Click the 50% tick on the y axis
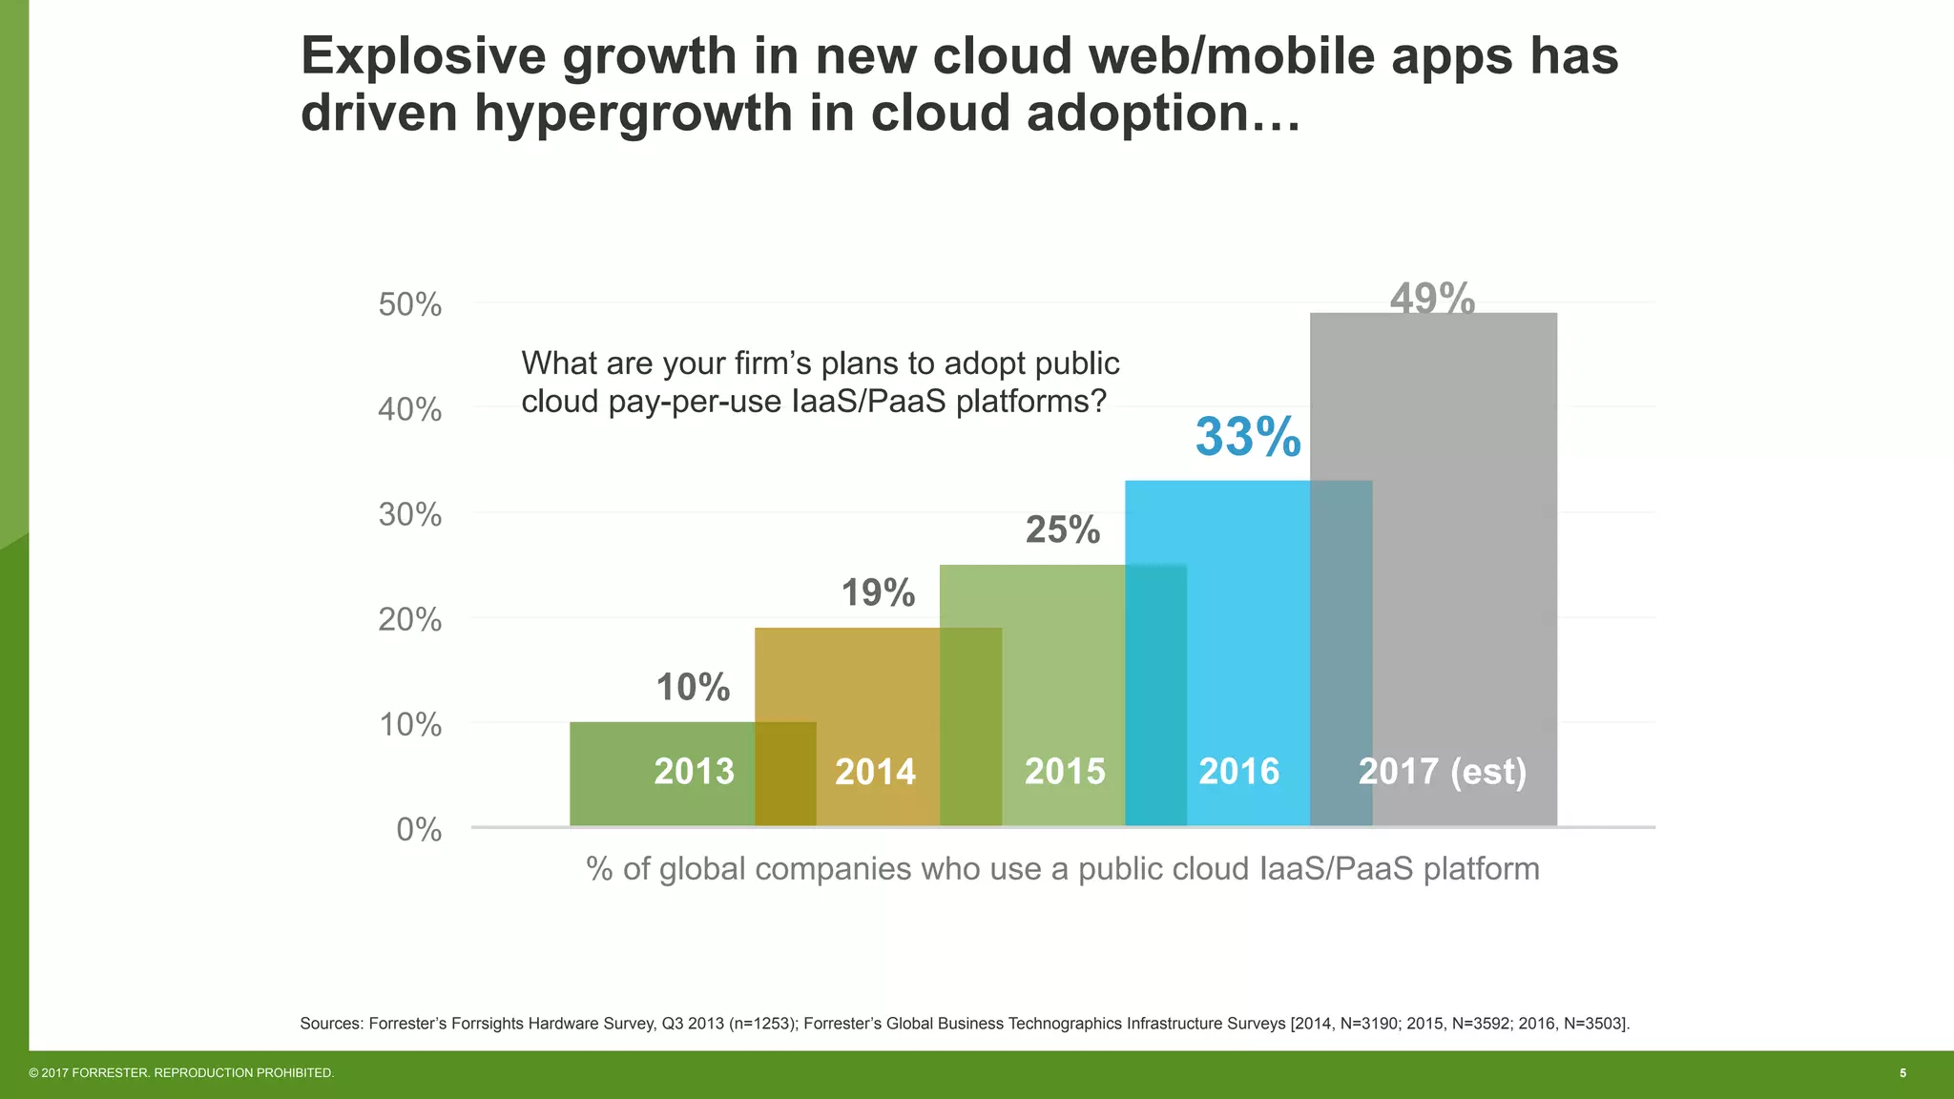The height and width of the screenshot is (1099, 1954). (x=410, y=305)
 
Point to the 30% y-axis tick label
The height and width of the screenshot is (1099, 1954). (x=410, y=515)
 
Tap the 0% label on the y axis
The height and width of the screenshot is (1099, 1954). (x=419, y=830)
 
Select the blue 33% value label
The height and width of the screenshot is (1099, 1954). (x=1248, y=438)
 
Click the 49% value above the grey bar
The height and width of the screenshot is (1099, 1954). (x=1432, y=300)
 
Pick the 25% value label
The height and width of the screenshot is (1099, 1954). (x=1063, y=530)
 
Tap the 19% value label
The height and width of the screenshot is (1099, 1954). (x=878, y=593)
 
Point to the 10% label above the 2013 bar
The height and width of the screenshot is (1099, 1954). (x=693, y=688)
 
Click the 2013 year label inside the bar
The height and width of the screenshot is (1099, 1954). (x=694, y=772)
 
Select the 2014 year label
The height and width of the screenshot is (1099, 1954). (x=875, y=772)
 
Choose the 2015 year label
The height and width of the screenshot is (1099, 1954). (x=1065, y=772)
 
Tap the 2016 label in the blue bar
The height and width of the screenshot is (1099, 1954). (x=1238, y=772)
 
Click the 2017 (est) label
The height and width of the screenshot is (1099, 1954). (x=1442, y=772)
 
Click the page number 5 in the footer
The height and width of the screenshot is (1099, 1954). (x=1902, y=1073)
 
